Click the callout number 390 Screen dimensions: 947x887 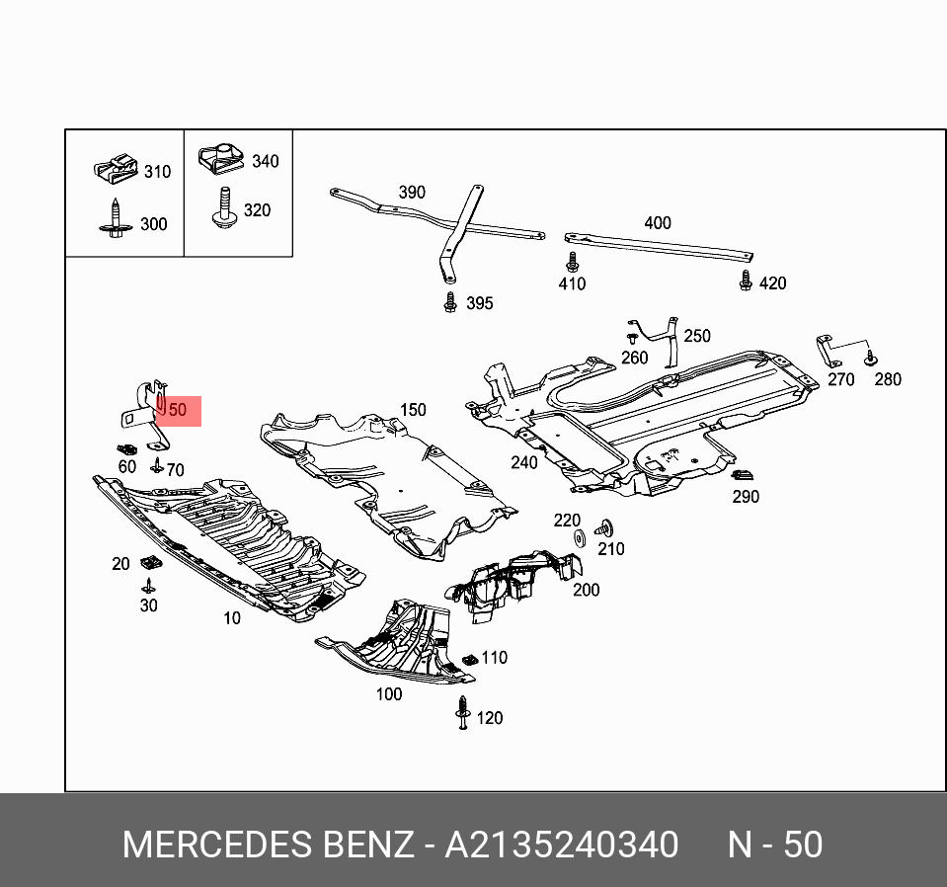[x=411, y=192]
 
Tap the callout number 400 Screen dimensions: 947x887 [x=657, y=223]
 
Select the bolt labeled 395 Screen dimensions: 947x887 [x=450, y=301]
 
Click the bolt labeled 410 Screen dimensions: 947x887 [x=571, y=263]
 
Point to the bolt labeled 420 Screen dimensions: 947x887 [x=746, y=282]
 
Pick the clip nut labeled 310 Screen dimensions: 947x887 [x=118, y=171]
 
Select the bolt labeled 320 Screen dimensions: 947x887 [x=224, y=207]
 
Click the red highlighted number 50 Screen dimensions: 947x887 [x=177, y=410]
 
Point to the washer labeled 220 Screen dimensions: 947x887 [x=579, y=538]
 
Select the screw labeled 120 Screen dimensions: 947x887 [x=462, y=712]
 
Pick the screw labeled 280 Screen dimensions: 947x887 [x=870, y=358]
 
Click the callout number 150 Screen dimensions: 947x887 [x=413, y=409]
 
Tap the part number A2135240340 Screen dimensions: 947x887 [x=561, y=846]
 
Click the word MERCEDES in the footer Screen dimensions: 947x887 [x=217, y=846]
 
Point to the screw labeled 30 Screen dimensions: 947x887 [x=148, y=586]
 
